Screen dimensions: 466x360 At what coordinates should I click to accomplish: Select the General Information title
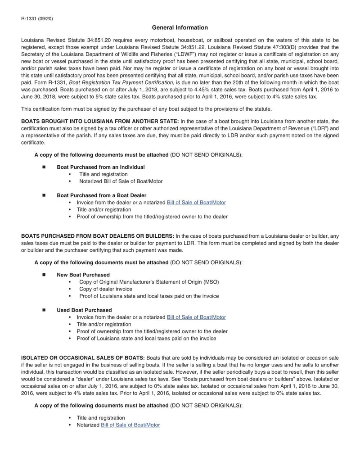pyautogui.click(x=180, y=28)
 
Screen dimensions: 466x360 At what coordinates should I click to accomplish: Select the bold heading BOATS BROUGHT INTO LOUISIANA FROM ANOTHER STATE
pyautogui.click(x=100, y=122)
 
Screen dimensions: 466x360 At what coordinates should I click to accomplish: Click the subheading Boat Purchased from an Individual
pyautogui.click(x=100, y=167)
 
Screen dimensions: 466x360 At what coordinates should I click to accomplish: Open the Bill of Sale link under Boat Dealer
pyautogui.click(x=196, y=203)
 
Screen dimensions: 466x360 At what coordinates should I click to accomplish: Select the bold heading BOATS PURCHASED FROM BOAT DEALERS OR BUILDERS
pyautogui.click(x=98, y=235)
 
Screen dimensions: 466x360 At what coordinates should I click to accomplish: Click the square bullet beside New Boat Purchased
pyautogui.click(x=44, y=275)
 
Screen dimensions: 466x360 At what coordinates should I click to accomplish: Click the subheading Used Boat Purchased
pyautogui.click(x=84, y=310)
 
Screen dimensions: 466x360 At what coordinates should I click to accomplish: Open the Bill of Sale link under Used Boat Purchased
pyautogui.click(x=196, y=317)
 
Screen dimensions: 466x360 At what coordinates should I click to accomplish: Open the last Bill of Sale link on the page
pyautogui.click(x=130, y=425)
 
